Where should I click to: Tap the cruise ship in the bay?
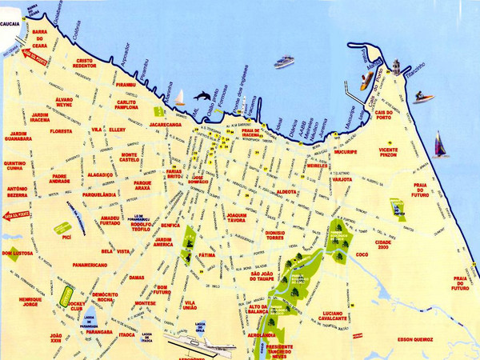coord(284,62)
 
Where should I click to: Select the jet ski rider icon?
coord(423,98)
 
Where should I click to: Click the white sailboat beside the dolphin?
coord(180,98)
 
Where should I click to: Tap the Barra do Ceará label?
coord(42,38)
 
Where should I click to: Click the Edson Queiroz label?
coord(417,338)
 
